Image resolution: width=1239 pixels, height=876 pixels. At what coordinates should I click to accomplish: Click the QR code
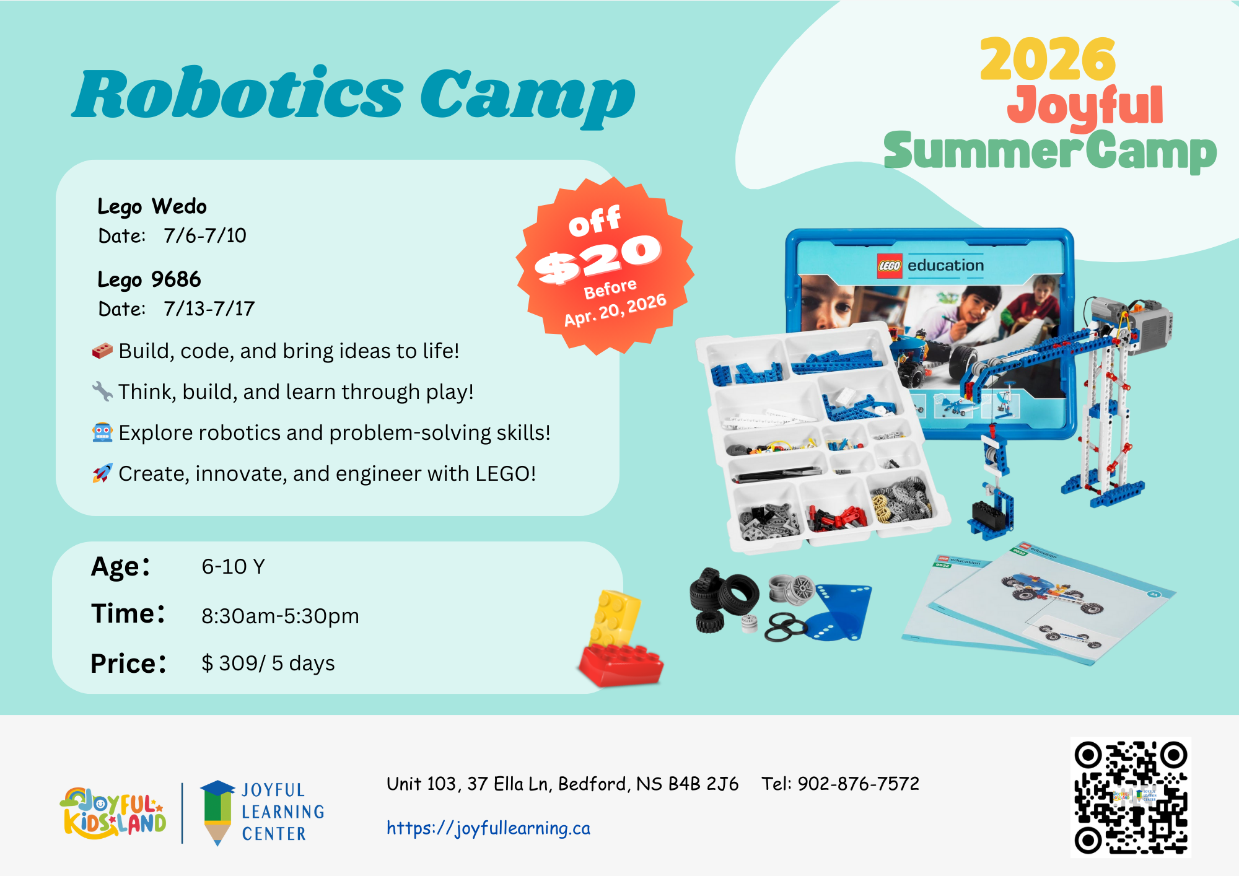(1131, 797)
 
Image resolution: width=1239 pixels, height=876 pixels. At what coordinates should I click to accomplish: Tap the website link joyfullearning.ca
(488, 828)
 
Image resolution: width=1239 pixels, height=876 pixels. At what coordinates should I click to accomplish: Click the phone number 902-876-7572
(858, 784)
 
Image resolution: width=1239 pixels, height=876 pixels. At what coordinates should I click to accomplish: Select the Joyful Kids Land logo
(113, 812)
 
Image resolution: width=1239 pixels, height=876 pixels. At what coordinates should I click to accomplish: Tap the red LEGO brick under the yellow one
(621, 665)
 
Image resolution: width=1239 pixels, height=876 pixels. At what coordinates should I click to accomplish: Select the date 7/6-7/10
(205, 235)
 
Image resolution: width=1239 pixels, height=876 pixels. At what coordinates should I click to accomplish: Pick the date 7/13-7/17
(209, 309)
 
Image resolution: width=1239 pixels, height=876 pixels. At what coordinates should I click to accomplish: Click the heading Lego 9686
(149, 279)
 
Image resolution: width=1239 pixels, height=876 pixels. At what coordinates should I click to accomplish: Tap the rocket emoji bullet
(102, 473)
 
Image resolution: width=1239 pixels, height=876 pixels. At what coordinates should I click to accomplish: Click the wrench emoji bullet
(102, 392)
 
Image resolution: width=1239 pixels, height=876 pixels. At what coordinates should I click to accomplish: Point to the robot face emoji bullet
(102, 432)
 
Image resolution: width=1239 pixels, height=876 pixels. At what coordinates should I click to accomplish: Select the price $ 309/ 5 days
(268, 664)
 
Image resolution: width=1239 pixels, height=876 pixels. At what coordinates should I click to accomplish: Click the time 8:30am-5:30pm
(280, 616)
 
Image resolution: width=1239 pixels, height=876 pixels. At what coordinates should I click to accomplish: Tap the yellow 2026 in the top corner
(1048, 59)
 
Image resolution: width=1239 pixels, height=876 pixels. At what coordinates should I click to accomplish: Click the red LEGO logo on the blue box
(890, 266)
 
